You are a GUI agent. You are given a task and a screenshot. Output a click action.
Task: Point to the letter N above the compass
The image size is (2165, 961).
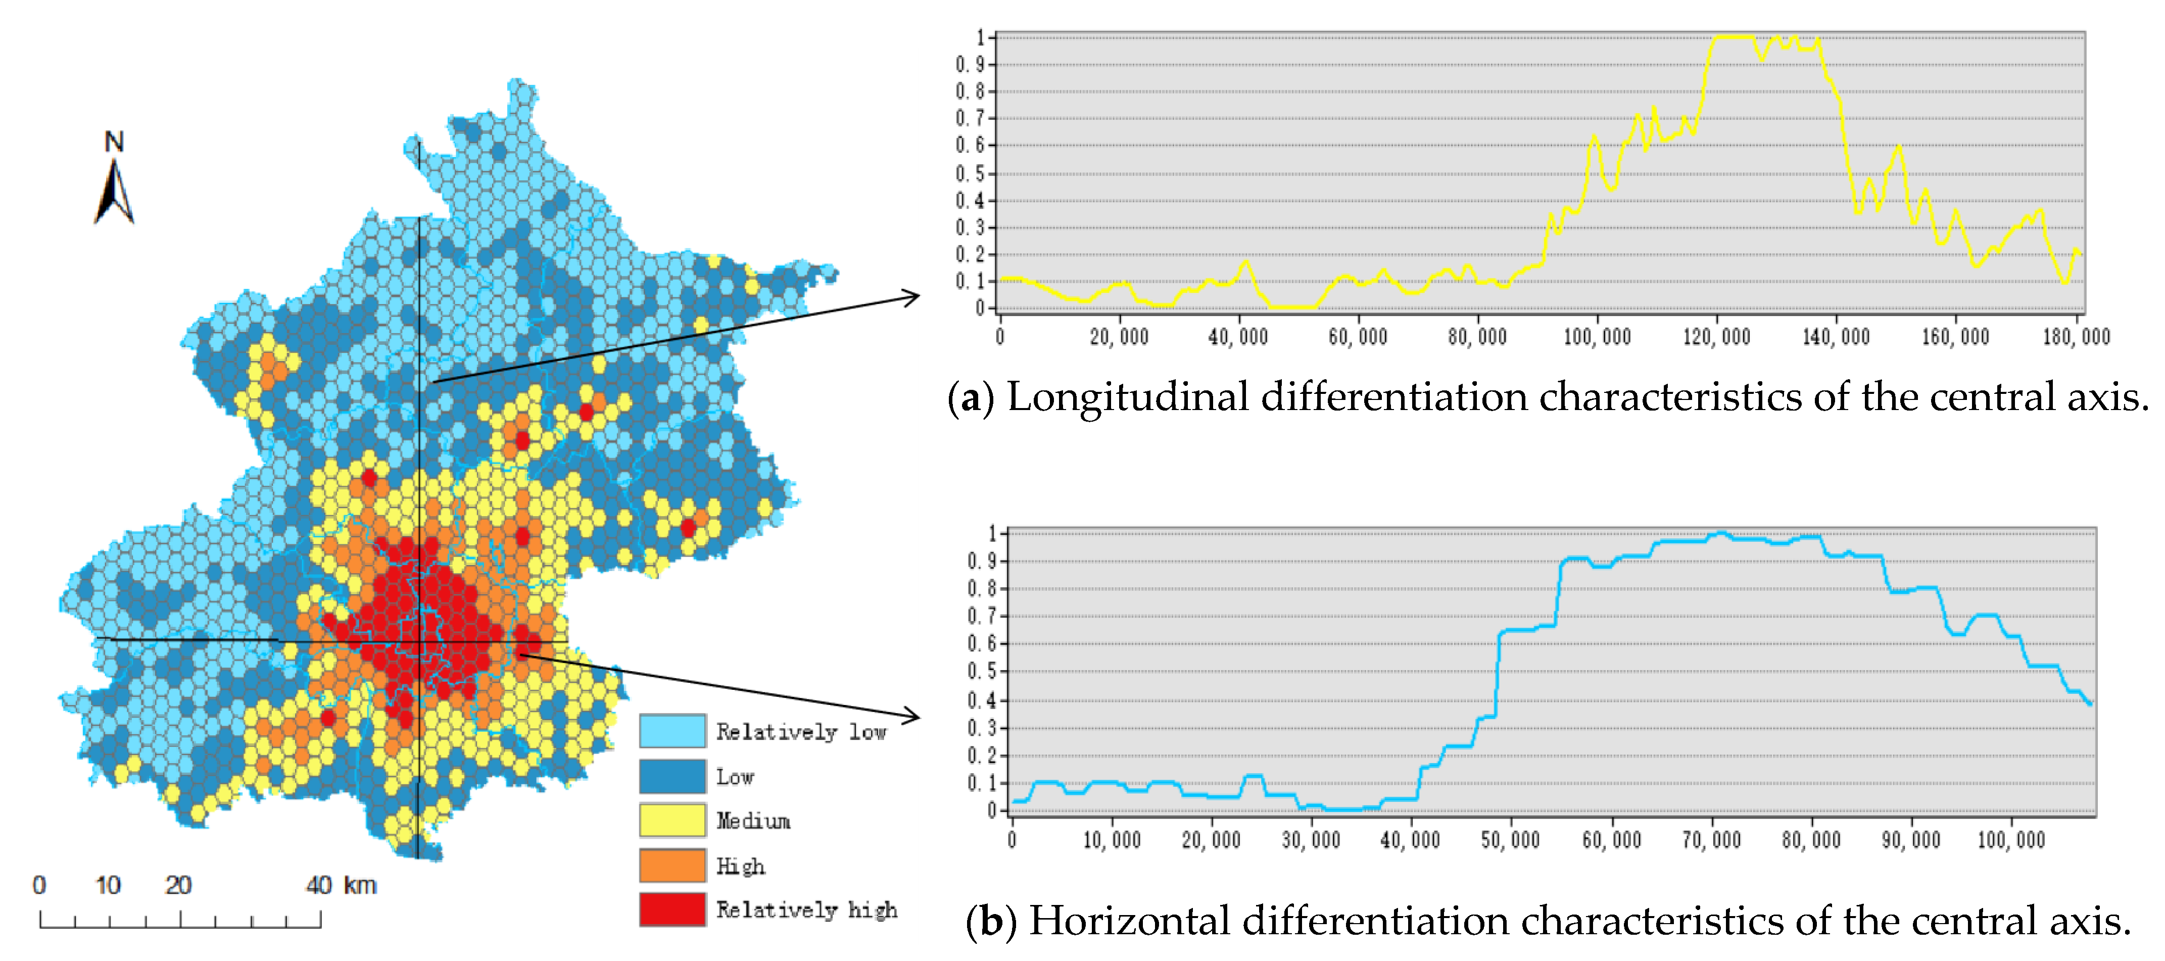[114, 142]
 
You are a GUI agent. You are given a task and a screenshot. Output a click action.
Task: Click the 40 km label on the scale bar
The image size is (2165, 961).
[340, 885]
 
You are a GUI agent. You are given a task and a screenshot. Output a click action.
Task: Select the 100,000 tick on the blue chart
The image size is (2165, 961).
[2011, 840]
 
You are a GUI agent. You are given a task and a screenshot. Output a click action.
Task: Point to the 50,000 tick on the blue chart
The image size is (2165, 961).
[1510, 840]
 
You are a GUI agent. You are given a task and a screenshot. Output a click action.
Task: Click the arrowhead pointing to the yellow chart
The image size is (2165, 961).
[912, 296]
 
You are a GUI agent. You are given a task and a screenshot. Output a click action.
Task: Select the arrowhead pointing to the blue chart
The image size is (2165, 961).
[912, 716]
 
